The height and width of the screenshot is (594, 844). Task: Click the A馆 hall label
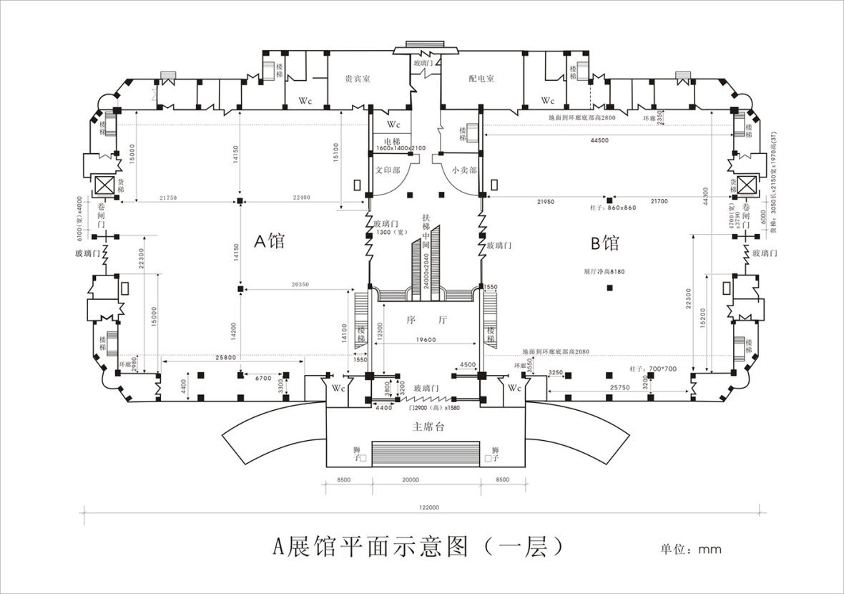click(x=269, y=241)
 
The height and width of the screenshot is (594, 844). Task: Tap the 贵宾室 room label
click(x=357, y=79)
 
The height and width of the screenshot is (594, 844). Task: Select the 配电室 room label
click(x=481, y=79)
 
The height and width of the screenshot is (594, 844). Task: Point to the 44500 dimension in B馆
click(x=599, y=140)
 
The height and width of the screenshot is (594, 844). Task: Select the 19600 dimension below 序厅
click(x=425, y=340)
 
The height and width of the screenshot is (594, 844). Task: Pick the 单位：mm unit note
click(x=691, y=550)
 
